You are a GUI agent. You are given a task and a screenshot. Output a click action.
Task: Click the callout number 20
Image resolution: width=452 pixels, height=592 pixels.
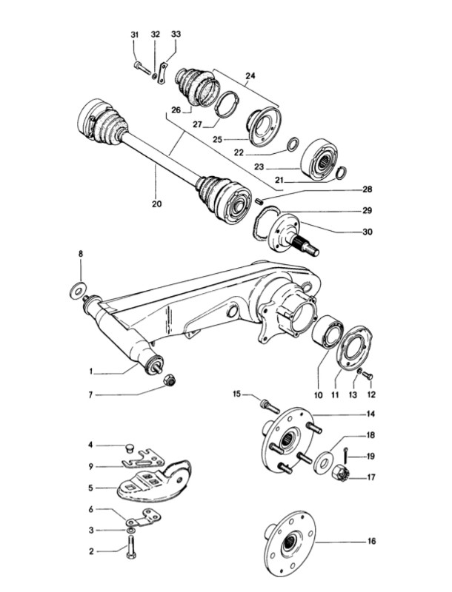156,204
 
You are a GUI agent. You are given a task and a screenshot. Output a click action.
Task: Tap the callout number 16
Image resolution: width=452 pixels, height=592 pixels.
371,542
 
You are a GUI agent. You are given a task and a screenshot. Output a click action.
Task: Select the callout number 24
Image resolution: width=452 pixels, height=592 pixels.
250,76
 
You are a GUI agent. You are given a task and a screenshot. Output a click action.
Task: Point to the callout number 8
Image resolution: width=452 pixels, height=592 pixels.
81,254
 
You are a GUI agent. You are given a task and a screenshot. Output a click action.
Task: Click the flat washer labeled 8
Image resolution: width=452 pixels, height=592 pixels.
78,291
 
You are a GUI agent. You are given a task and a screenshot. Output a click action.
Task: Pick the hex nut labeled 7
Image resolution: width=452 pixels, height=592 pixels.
170,380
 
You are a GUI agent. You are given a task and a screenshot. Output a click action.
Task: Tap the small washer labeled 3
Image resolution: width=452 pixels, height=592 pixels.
130,531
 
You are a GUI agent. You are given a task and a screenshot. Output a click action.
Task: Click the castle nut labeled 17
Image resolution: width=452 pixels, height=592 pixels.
339,474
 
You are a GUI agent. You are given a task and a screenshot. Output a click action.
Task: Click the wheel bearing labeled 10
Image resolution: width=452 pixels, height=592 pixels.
328,332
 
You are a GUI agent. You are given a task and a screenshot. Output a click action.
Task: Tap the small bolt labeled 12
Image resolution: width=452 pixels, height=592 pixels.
368,376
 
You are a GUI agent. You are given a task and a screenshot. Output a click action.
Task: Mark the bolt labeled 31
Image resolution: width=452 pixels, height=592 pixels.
142,69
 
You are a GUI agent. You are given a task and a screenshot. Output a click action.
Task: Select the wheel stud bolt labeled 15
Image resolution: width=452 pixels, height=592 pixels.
269,406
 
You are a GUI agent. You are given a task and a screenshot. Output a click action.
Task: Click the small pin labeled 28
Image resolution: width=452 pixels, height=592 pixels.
259,201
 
